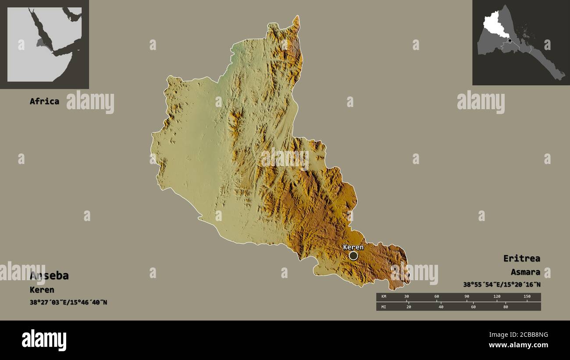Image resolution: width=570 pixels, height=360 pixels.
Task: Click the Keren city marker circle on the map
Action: point(353,256)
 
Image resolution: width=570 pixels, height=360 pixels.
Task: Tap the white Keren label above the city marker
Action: point(353,247)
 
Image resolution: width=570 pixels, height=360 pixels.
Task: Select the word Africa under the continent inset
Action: point(44,101)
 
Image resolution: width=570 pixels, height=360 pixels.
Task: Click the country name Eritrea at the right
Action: point(521,258)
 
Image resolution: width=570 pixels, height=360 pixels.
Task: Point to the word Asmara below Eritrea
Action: point(525,272)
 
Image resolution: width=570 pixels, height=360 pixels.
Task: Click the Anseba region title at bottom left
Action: point(49,276)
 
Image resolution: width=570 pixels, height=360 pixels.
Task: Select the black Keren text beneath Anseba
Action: point(42,290)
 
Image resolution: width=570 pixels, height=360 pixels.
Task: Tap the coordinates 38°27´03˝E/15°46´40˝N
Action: point(68,303)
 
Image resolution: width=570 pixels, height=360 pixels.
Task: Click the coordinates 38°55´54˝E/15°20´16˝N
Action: point(502,285)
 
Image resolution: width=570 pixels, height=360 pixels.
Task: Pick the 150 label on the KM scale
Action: point(527,296)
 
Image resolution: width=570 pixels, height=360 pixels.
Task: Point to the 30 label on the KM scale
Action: point(406,296)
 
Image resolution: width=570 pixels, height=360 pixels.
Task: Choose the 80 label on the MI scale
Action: point(505,307)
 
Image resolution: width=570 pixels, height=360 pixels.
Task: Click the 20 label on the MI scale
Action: point(409,307)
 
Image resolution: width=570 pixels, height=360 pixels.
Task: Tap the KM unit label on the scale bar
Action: point(384,296)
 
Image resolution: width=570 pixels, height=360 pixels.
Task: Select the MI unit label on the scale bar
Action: point(384,307)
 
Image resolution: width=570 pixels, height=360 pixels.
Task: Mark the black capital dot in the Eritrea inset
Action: point(509,40)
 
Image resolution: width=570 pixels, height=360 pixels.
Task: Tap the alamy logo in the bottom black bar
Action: point(44,340)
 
